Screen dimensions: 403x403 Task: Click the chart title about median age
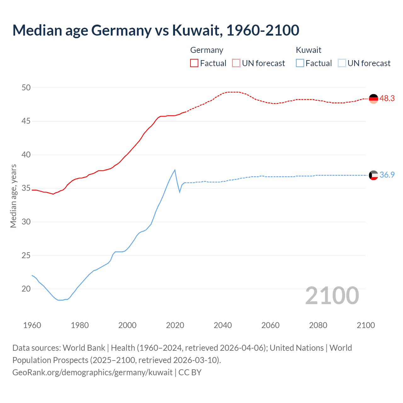[156, 30]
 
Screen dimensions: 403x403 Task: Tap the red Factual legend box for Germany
[194, 63]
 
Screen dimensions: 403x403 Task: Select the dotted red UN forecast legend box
[236, 63]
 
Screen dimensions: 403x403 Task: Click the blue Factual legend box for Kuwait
[300, 63]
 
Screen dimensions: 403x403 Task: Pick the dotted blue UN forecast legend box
[342, 63]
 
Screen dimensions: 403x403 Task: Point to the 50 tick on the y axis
[26, 88]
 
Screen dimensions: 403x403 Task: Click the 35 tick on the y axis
[26, 188]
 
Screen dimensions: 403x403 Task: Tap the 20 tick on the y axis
[26, 289]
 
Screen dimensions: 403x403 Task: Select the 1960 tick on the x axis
[32, 325]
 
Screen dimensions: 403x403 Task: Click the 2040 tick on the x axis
[223, 325]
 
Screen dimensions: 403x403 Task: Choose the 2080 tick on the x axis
[318, 325]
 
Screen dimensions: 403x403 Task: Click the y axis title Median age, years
[13, 196]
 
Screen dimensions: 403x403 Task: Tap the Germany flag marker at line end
[373, 99]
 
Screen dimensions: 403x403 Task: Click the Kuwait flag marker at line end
[373, 175]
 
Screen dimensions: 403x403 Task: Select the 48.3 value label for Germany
[387, 98]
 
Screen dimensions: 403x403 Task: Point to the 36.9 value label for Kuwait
[387, 175]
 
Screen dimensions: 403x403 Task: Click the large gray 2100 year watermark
[332, 295]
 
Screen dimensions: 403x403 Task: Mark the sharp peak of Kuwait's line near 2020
[175, 170]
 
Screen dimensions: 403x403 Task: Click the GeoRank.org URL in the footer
[92, 372]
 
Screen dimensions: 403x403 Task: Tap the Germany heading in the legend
[207, 50]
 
